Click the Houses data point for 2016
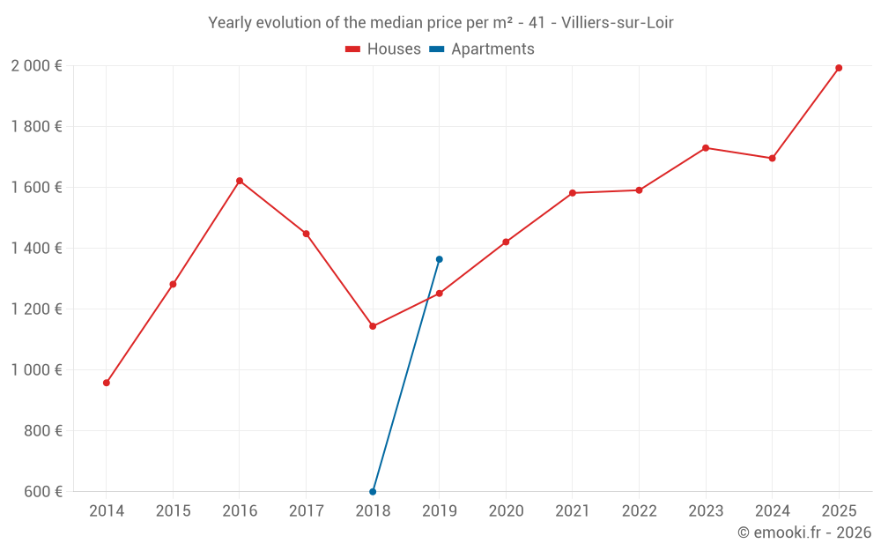click(240, 181)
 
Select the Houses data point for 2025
click(839, 68)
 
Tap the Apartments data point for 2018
click(373, 491)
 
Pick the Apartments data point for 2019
click(439, 259)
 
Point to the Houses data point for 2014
click(107, 383)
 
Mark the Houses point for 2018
click(373, 326)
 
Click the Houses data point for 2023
click(706, 148)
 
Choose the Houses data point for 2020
click(506, 242)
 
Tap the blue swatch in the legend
click(437, 49)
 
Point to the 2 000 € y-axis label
click(36, 66)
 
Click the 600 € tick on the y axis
click(43, 491)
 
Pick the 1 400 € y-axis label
click(36, 249)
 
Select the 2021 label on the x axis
click(573, 511)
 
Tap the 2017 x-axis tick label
click(306, 511)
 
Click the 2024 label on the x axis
click(772, 511)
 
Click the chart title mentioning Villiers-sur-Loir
click(440, 23)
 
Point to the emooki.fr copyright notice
click(803, 532)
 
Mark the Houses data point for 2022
click(639, 190)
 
